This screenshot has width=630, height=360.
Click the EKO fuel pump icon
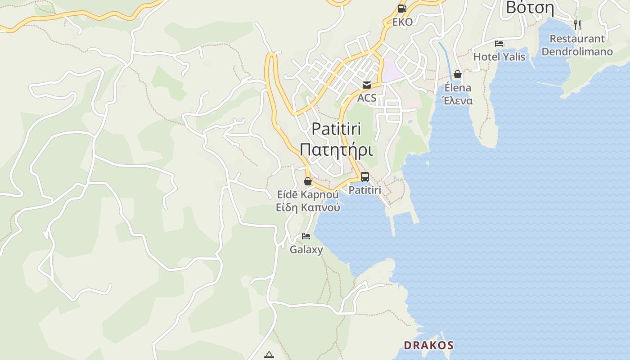pyautogui.click(x=402, y=9)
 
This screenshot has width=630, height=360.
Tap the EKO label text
pyautogui.click(x=402, y=22)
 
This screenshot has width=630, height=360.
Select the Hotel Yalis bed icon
pyautogui.click(x=499, y=44)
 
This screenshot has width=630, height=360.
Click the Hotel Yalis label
pyautogui.click(x=499, y=57)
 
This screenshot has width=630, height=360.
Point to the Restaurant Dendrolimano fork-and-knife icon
pyautogui.click(x=577, y=25)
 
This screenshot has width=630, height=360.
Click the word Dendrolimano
pyautogui.click(x=577, y=51)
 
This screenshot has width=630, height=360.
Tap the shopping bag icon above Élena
pyautogui.click(x=458, y=74)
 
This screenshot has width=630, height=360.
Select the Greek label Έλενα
pyautogui.click(x=458, y=100)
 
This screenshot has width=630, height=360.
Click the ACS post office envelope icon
pyautogui.click(x=367, y=85)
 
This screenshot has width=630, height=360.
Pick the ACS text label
pyautogui.click(x=367, y=98)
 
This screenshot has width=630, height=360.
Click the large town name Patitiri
pyautogui.click(x=336, y=129)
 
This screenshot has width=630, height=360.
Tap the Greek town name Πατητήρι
pyautogui.click(x=336, y=149)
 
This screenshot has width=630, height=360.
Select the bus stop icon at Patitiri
pyautogui.click(x=365, y=177)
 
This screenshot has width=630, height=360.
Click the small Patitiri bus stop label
pyautogui.click(x=365, y=190)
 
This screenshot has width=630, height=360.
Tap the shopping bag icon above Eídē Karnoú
pyautogui.click(x=308, y=181)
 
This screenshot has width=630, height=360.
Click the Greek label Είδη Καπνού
pyautogui.click(x=308, y=207)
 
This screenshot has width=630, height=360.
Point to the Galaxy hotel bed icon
pyautogui.click(x=306, y=236)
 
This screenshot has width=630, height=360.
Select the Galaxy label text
pyautogui.click(x=306, y=249)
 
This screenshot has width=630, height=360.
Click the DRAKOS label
pyautogui.click(x=428, y=345)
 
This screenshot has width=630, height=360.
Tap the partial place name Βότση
pyautogui.click(x=530, y=7)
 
